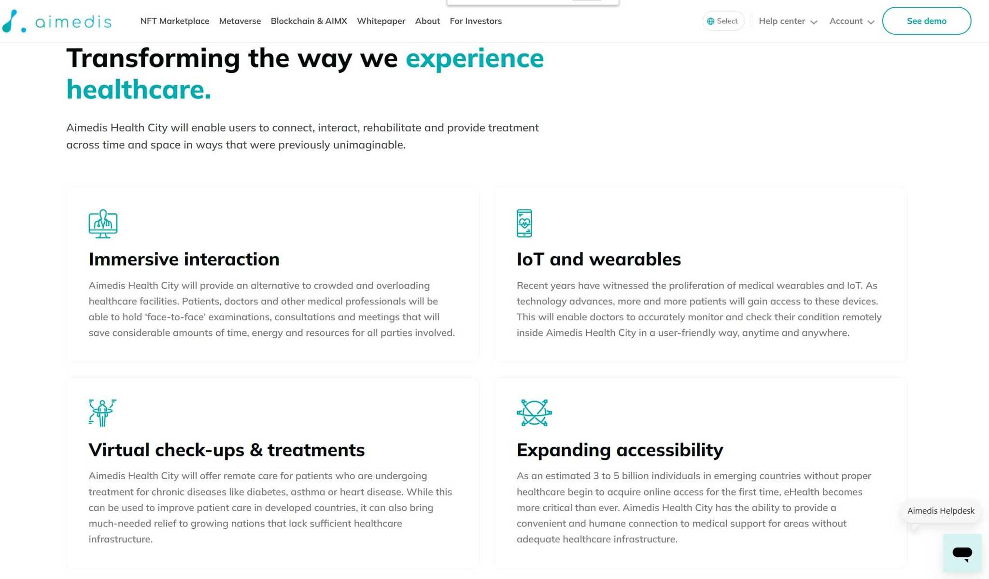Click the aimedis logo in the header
57,21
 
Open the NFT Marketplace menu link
175,21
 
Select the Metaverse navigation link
240,21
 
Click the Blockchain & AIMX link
309,21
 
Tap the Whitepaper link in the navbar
381,21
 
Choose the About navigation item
427,21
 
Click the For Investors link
476,21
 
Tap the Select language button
723,21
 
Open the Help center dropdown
788,21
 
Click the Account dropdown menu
852,21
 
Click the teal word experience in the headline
475,58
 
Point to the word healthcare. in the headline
139,89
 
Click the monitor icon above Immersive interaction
103,223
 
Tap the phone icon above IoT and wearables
524,223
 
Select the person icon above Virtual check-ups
102,413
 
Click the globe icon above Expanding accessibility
534,413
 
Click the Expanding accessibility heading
620,450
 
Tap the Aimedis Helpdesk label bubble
941,511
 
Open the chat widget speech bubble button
962,553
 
